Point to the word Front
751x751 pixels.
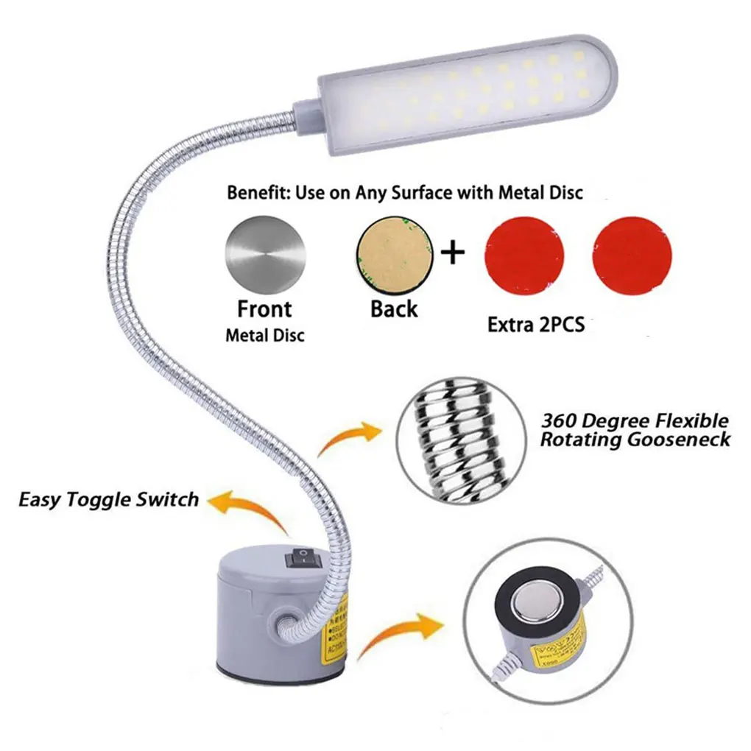click(x=264, y=308)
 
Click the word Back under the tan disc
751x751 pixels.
click(x=394, y=308)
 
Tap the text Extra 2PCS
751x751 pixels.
click(x=536, y=323)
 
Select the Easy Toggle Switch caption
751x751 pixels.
click(x=109, y=499)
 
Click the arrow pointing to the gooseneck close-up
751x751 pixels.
click(x=350, y=440)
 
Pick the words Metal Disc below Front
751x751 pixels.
click(x=264, y=336)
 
